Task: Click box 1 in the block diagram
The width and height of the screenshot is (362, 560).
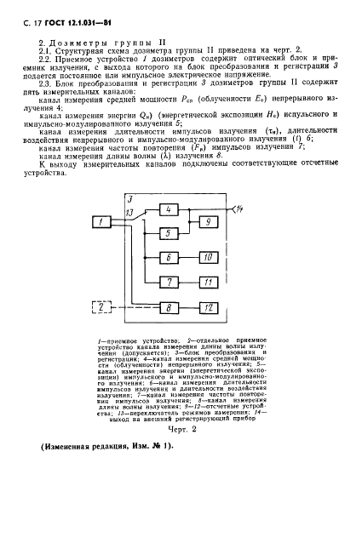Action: (100, 222)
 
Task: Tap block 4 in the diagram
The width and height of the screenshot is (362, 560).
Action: (170, 209)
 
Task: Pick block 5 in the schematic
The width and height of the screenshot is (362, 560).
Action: (170, 233)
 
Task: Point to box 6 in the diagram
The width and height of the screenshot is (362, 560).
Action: (170, 257)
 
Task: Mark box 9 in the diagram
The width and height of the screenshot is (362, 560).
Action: (209, 221)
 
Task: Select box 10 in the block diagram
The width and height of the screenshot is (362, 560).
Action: (209, 257)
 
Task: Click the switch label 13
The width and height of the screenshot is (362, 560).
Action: (129, 212)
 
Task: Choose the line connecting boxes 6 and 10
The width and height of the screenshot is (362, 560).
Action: (189, 257)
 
